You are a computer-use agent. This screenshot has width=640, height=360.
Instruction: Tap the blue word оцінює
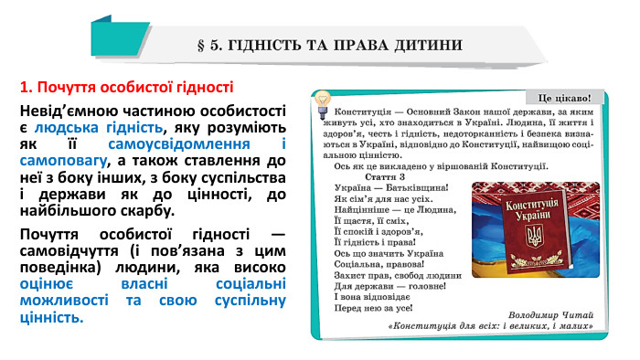click(x=50, y=283)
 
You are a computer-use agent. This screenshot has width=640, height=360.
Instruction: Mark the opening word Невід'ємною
click(x=65, y=111)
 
